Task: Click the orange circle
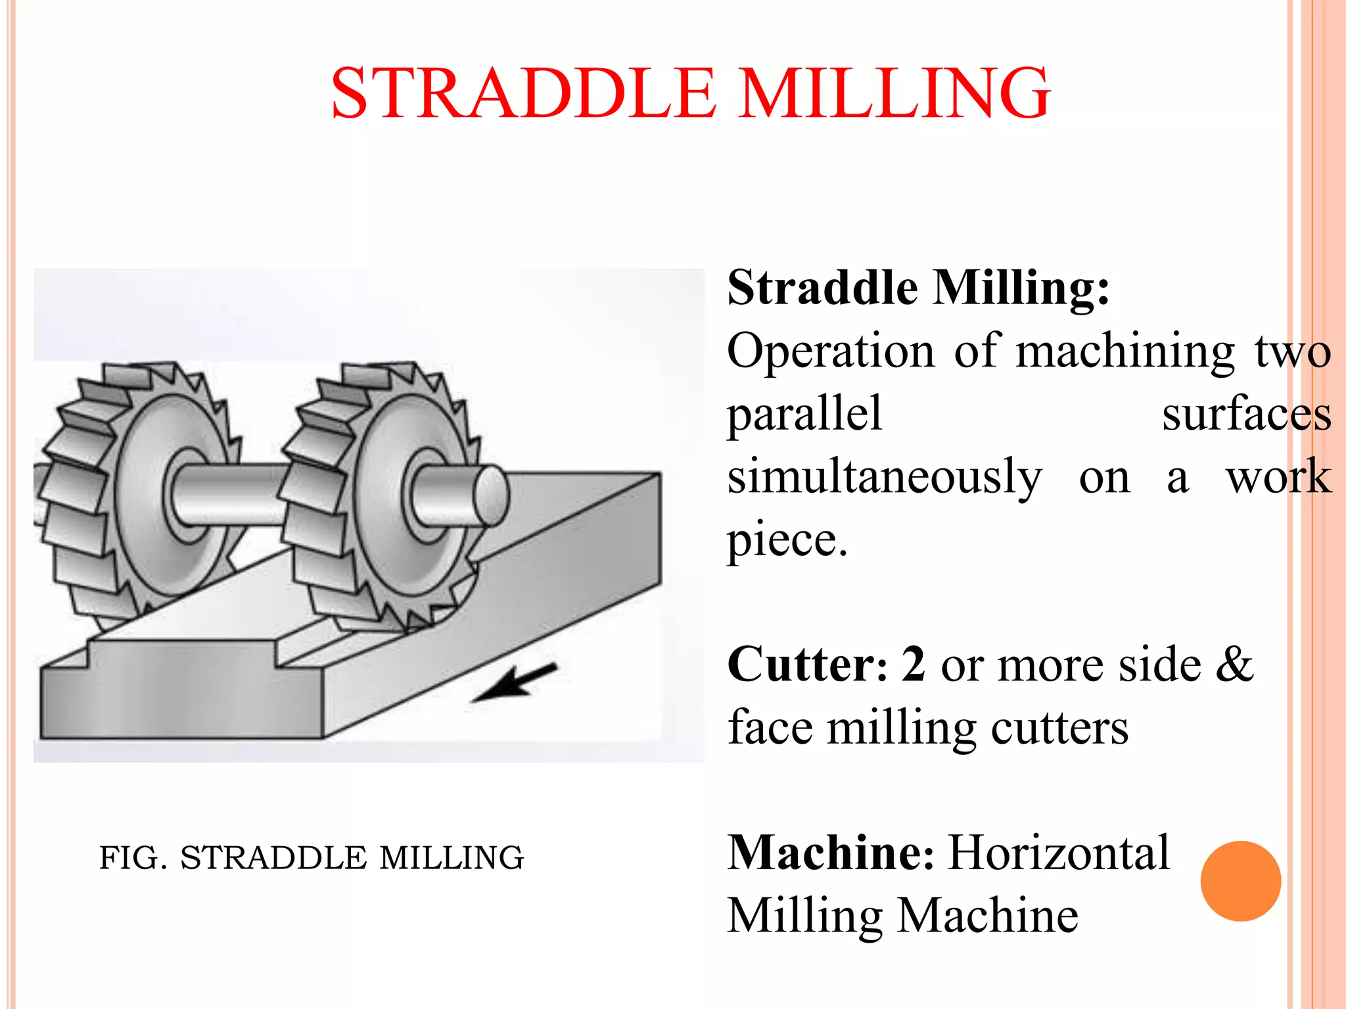click(1240, 881)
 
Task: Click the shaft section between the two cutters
click(230, 494)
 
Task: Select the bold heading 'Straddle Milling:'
click(918, 288)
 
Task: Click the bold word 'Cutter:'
click(808, 665)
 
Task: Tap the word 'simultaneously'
click(885, 478)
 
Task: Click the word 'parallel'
click(804, 415)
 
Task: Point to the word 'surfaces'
click(1246, 415)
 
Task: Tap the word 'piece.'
click(787, 541)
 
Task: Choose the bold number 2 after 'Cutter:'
click(914, 665)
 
